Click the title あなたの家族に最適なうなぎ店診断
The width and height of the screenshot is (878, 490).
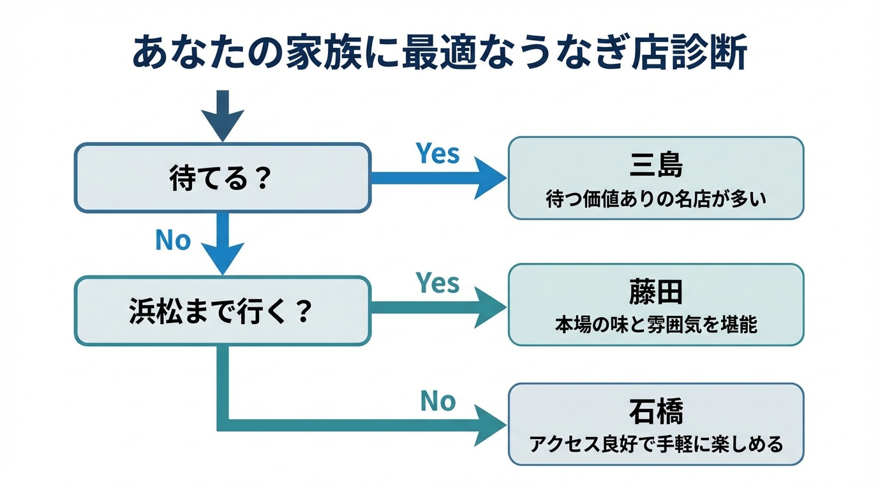pos(439,52)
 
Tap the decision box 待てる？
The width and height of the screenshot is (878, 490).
pos(222,178)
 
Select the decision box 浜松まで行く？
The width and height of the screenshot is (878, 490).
pos(222,311)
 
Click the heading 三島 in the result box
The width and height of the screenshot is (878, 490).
pos(655,165)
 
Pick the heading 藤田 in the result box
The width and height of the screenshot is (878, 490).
pos(655,292)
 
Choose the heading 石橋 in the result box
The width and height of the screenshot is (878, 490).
pos(655,412)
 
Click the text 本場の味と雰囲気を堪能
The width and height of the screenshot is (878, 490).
pos(655,325)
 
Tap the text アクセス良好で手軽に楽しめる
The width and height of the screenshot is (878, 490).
pos(655,444)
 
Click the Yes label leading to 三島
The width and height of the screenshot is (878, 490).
pos(438,154)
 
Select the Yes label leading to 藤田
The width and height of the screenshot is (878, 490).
pos(438,283)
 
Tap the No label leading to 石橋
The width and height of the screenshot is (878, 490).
pos(438,401)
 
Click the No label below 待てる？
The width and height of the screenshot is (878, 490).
pos(173,241)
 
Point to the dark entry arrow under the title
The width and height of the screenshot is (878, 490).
pos(223,115)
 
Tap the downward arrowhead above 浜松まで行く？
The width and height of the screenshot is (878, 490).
pos(223,258)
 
